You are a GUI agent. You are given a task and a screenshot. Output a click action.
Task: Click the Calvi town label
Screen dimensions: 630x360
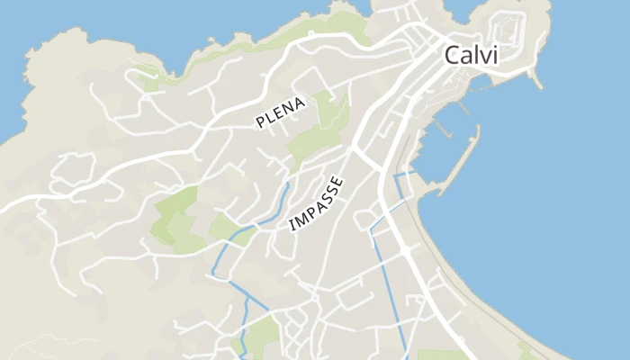(x=471, y=56)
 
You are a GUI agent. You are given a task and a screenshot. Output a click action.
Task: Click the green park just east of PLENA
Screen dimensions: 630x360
(x=324, y=126)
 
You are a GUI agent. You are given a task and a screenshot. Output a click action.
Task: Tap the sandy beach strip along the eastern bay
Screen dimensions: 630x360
(x=468, y=270)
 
